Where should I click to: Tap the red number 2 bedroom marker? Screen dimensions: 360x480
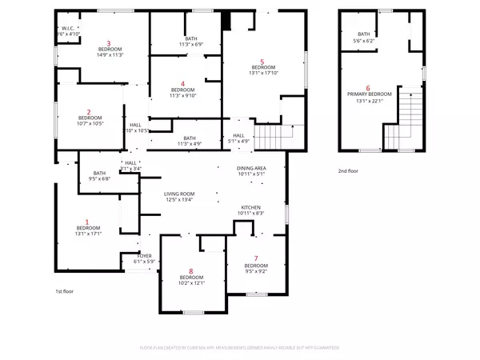pos(89,112)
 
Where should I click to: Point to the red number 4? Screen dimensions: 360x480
pos(183,84)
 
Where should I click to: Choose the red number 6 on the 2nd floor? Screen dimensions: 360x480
pos(368,88)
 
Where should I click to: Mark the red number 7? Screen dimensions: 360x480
pos(256,258)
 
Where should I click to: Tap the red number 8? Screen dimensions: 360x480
pos(191,271)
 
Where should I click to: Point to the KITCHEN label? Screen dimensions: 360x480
pos(251,207)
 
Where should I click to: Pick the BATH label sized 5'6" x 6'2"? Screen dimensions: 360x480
pos(364,34)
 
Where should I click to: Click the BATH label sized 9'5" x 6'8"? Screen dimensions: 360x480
pos(99,174)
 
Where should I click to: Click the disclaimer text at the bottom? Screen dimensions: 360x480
pos(240,348)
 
